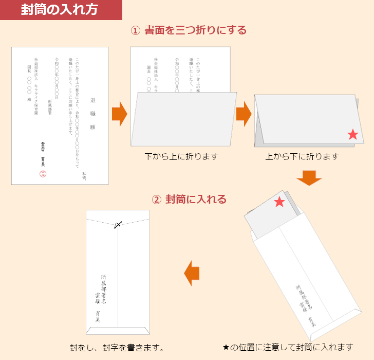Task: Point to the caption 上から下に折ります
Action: tap(302, 156)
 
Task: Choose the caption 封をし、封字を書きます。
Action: tap(117, 348)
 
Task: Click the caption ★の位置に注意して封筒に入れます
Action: tap(288, 347)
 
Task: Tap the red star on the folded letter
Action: tap(353, 135)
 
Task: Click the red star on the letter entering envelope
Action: tap(279, 202)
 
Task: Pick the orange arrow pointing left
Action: tap(192, 273)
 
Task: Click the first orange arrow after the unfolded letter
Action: tap(119, 114)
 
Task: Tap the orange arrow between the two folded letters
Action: tap(244, 114)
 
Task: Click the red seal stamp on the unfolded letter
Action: tap(43, 173)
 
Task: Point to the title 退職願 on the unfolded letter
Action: tap(93, 114)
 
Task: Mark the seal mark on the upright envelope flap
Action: tap(118, 224)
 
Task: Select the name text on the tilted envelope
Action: tap(306, 307)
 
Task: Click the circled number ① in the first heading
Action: tap(136, 30)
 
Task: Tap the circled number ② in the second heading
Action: tap(157, 199)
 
